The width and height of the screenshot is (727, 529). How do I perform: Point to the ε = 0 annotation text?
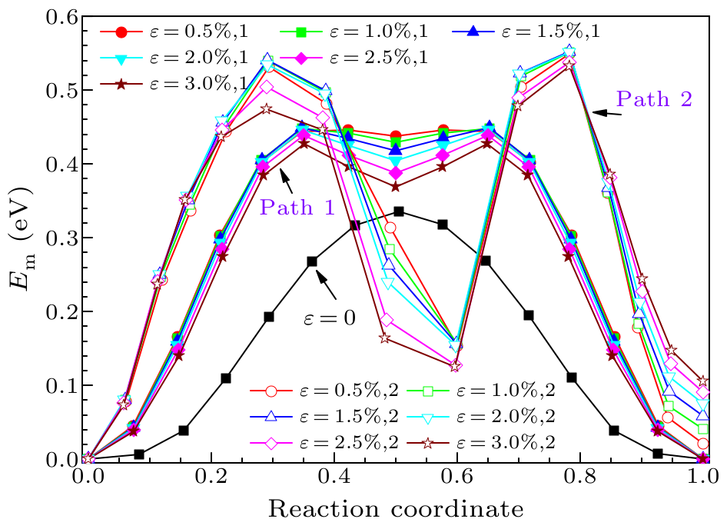point(327,317)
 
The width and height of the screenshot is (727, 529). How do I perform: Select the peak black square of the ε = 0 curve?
point(398,211)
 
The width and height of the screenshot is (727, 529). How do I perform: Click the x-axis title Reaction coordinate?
point(396,508)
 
